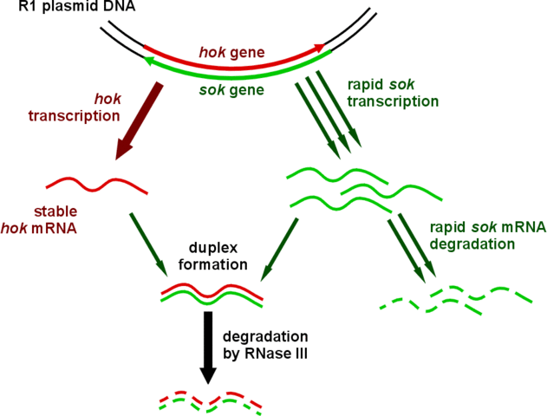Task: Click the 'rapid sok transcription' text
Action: coord(393,92)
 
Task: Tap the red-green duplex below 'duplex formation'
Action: coord(212,296)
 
